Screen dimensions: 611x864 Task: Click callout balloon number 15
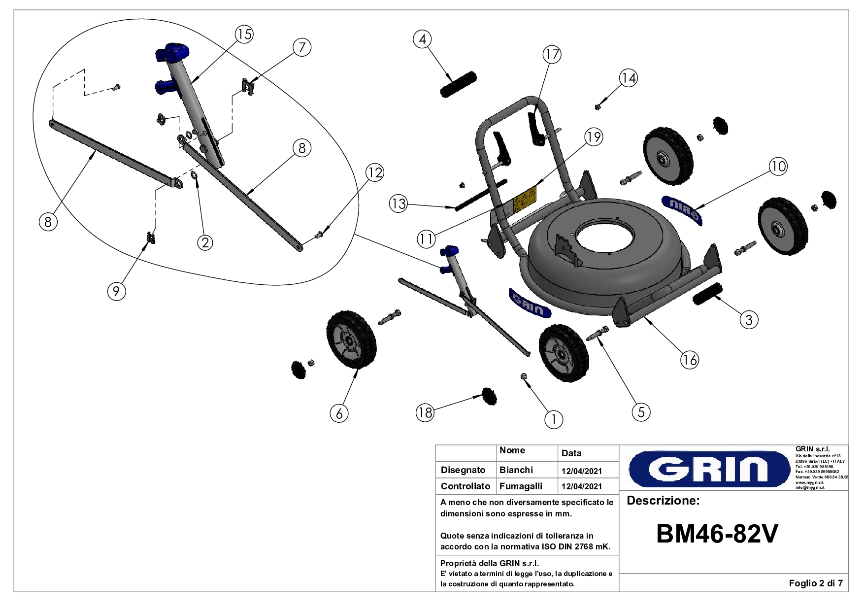[243, 34]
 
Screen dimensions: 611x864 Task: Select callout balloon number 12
[374, 172]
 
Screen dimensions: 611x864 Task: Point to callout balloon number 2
[205, 242]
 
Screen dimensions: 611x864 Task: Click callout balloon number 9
[116, 291]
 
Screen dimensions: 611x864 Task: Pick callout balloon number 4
[422, 39]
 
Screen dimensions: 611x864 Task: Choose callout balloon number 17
[552, 54]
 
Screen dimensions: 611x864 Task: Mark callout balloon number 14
[628, 78]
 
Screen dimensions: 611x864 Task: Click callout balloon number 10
[778, 167]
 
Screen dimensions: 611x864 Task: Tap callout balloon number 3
[749, 320]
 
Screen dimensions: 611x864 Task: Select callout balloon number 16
[689, 360]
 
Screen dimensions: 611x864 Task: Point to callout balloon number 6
[339, 413]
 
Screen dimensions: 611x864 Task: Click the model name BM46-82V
[717, 534]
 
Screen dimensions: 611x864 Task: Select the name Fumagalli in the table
[521, 486]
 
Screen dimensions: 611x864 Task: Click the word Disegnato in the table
[463, 470]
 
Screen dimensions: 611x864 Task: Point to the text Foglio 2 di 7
[815, 584]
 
